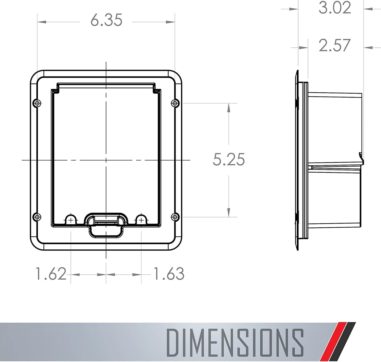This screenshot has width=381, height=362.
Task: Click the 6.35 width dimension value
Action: pyautogui.click(x=106, y=20)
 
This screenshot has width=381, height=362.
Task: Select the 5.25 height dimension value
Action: pyautogui.click(x=229, y=160)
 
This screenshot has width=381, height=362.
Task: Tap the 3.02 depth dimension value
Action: pyautogui.click(x=335, y=8)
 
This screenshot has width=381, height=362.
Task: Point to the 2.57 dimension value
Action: pyautogui.click(x=335, y=45)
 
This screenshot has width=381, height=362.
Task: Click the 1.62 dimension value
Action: pyautogui.click(x=51, y=274)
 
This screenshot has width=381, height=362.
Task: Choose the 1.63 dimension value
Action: pyautogui.click(x=169, y=274)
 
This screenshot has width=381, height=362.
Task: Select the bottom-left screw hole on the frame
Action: pyautogui.click(x=37, y=217)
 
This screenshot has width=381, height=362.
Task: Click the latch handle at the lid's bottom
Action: pyautogui.click(x=106, y=225)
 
